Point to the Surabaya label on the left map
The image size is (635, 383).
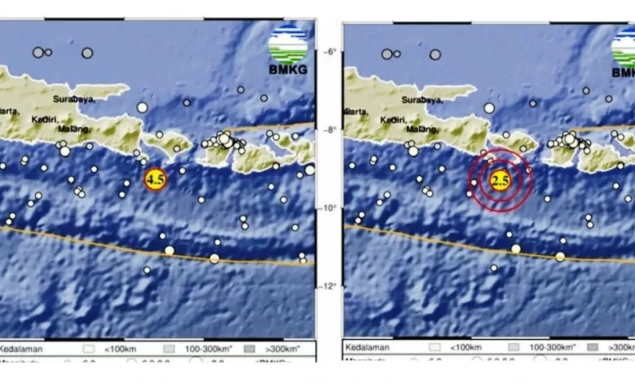73,99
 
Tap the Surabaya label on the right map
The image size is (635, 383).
420,99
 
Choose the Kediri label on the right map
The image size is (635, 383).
390,119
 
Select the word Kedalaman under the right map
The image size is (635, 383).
366,349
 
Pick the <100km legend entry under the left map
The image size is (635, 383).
117,348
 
